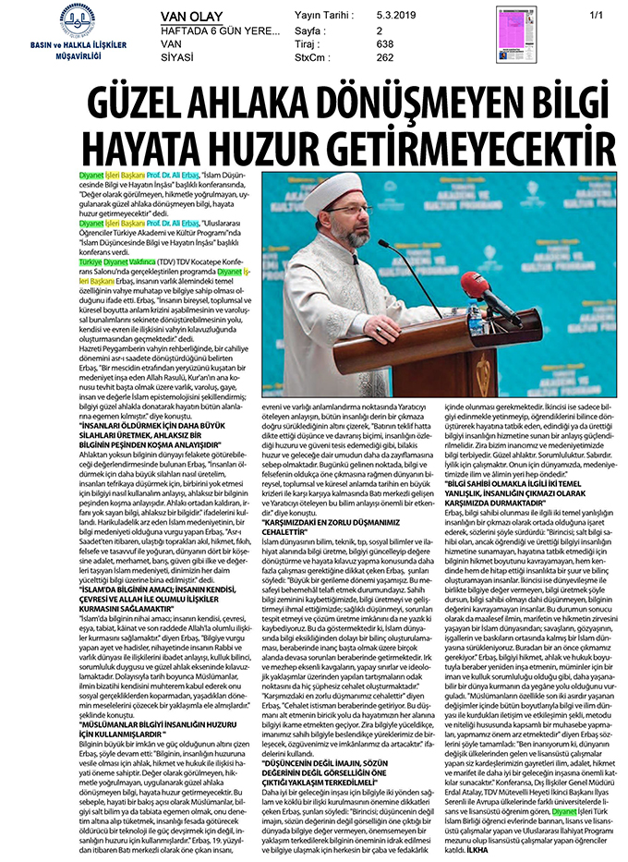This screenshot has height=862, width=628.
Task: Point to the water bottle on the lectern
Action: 474,319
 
